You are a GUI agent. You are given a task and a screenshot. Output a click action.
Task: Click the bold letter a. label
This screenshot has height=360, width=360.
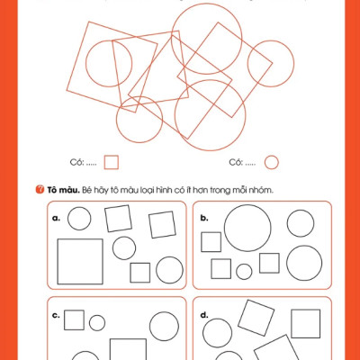pyautogui.click(x=56, y=218)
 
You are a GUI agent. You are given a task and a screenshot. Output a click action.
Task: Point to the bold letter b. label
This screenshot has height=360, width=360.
pyautogui.click(x=204, y=218)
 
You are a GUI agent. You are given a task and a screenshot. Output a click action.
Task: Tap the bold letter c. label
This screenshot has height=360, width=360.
pyautogui.click(x=56, y=315)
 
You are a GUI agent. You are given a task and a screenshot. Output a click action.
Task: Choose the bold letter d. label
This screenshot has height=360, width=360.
pyautogui.click(x=204, y=315)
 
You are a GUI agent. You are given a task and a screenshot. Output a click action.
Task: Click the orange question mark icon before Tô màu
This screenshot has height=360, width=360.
pyautogui.click(x=40, y=190)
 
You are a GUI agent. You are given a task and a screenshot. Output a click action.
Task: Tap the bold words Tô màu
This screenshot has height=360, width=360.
pyautogui.click(x=63, y=190)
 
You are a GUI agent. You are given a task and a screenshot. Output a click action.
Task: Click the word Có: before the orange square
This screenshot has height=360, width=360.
pyautogui.click(x=76, y=162)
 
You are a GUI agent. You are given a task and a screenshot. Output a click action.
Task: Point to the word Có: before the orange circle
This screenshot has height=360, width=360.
pyautogui.click(x=236, y=162)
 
